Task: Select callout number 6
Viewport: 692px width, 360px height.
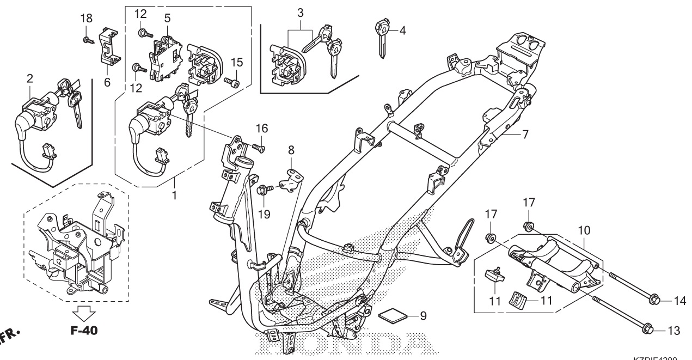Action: (107, 82)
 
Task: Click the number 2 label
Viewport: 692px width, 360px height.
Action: (29, 79)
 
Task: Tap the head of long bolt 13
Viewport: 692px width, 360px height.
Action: (653, 330)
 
